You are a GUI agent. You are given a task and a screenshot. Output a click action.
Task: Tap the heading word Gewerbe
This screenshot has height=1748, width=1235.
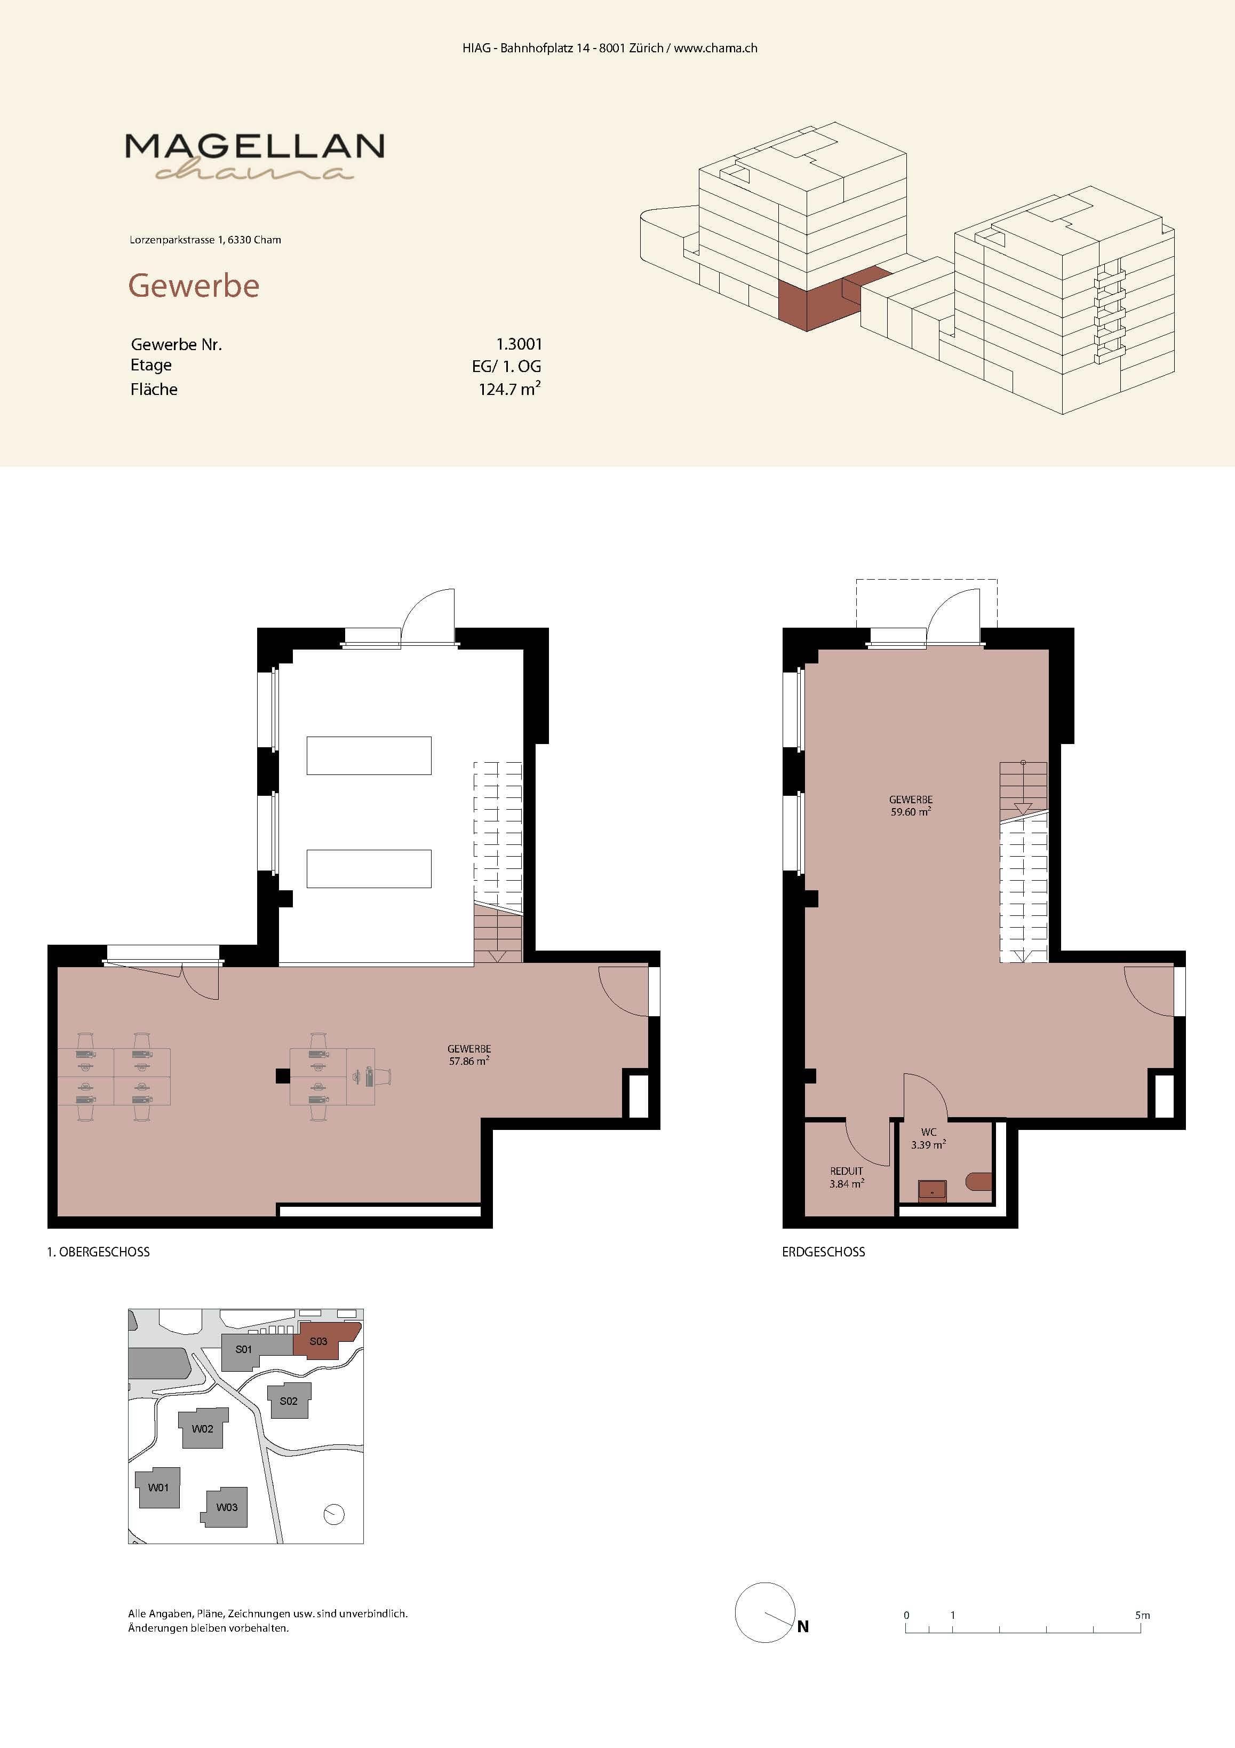tap(194, 286)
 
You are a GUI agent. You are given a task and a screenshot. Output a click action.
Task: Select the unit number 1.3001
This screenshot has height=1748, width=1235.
tap(519, 344)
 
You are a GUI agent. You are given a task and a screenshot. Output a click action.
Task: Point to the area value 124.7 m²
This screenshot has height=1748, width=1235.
tap(509, 389)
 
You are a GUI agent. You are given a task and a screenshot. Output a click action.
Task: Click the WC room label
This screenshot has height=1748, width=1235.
tap(928, 1132)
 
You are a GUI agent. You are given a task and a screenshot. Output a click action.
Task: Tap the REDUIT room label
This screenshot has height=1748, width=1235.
tap(846, 1171)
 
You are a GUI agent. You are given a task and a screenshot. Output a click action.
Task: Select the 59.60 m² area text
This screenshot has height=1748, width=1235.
tap(911, 812)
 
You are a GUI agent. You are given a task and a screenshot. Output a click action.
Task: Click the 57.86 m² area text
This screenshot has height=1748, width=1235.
tap(469, 1061)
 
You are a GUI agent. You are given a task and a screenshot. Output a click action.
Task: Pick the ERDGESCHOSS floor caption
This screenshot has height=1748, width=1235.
tap(823, 1252)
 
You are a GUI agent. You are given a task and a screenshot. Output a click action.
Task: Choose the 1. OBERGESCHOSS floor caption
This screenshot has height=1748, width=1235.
tap(98, 1252)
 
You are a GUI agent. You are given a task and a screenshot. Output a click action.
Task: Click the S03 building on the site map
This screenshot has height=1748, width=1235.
tap(323, 1341)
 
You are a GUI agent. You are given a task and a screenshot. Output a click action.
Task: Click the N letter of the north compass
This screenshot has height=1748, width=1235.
tap(803, 1627)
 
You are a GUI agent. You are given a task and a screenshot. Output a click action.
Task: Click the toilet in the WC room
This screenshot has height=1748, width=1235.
tap(980, 1182)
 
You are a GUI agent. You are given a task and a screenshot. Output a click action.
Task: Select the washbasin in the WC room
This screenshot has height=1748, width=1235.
tap(932, 1190)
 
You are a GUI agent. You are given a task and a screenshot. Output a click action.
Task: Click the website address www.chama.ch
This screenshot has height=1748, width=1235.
tap(715, 48)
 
